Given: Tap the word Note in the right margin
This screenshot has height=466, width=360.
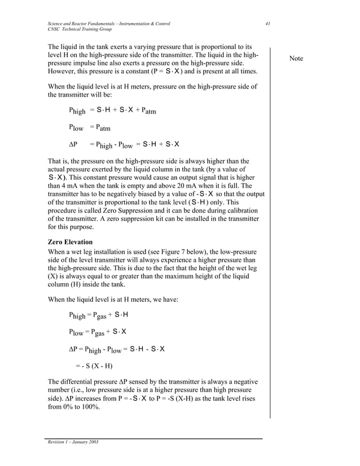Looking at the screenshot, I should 296,59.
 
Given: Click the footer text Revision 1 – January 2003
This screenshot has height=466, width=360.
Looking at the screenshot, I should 73,442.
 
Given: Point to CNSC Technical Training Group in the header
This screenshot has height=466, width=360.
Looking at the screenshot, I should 79,29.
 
